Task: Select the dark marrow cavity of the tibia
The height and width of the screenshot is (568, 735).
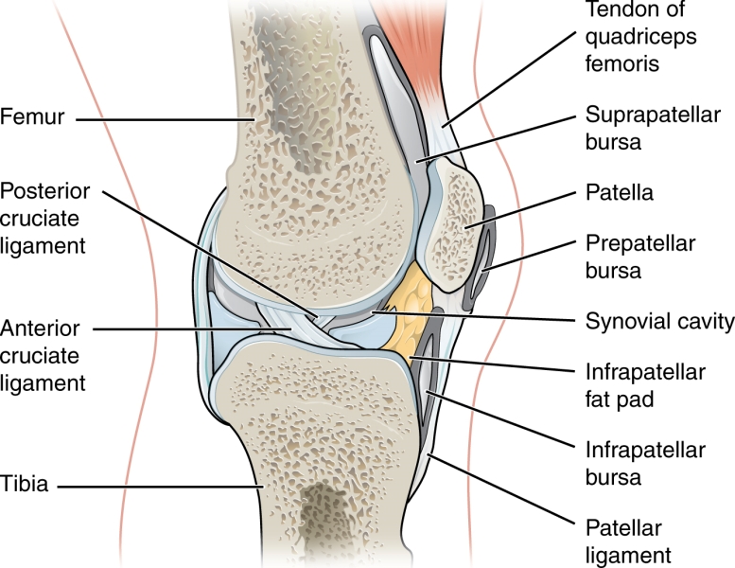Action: [326, 521]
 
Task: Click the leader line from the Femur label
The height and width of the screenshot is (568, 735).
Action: [161, 120]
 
